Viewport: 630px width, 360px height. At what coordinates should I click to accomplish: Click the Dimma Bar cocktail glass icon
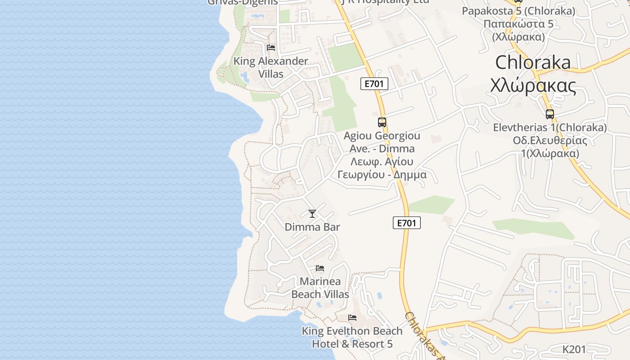click(x=312, y=213)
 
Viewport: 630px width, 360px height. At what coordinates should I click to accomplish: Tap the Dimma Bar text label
click(x=312, y=227)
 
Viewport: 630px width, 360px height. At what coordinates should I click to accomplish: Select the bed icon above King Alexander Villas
click(x=271, y=47)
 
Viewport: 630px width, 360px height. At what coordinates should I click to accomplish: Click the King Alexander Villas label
click(x=271, y=67)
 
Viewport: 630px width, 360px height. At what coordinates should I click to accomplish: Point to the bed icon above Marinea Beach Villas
click(x=320, y=268)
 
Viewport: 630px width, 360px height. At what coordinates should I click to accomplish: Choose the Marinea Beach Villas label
click(x=320, y=288)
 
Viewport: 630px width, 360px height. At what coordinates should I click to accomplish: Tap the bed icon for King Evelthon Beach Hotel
click(x=352, y=318)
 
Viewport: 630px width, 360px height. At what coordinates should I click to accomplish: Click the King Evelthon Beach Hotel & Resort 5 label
click(x=352, y=337)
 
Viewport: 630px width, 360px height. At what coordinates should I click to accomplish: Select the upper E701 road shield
click(x=374, y=83)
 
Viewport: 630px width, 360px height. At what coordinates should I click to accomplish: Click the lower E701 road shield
click(x=407, y=223)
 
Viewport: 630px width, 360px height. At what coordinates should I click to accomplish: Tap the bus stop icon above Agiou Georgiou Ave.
click(x=382, y=122)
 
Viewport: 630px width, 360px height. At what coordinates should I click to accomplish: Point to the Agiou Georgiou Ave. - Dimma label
click(x=382, y=142)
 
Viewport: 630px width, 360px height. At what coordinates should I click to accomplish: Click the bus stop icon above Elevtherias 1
click(x=549, y=114)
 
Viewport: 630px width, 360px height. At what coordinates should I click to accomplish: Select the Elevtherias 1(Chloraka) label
click(x=550, y=128)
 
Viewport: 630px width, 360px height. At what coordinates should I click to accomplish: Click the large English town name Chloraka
click(x=533, y=63)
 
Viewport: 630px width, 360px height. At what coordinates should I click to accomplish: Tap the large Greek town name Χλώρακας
click(x=533, y=85)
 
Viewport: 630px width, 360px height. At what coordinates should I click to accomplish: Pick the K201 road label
click(x=574, y=349)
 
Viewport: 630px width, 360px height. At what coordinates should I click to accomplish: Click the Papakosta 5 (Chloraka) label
click(x=518, y=11)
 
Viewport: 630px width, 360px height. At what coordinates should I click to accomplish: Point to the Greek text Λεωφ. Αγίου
click(x=382, y=162)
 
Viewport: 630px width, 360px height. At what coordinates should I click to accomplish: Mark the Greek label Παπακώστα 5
click(x=518, y=24)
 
